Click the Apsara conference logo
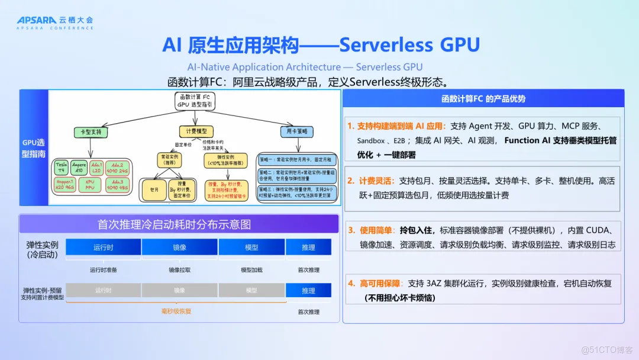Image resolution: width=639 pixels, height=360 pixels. coord(55,22)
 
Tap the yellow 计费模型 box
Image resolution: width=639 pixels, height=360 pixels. coord(196,132)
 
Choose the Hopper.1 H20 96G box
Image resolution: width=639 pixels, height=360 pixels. coord(64,185)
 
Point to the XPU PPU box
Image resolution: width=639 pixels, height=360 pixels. coord(89,185)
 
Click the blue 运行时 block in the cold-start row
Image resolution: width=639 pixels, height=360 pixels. coord(103,247)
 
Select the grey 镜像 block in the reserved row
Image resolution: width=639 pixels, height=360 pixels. coord(179,291)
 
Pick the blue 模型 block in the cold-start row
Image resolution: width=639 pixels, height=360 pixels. coord(251,247)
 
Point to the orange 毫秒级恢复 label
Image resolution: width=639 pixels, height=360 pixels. coord(176,311)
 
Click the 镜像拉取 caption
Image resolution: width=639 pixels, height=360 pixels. coord(179,270)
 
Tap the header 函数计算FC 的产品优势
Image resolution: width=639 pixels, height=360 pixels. coord(483,99)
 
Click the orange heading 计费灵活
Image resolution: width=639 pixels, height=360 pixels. coord(375,181)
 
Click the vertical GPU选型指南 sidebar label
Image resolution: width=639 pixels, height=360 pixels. coord(33,147)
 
